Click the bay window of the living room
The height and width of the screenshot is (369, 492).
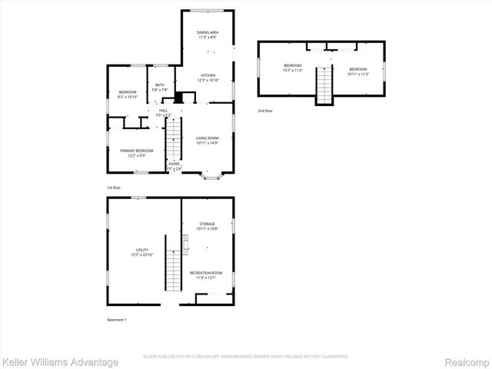click(x=211, y=177)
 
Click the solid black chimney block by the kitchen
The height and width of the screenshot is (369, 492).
click(x=179, y=98)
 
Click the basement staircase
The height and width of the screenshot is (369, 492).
click(x=174, y=269)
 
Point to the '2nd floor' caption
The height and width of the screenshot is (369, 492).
click(x=265, y=111)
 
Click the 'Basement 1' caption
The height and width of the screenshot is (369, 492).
click(x=116, y=319)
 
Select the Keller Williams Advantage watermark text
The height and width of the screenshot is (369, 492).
click(x=60, y=361)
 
